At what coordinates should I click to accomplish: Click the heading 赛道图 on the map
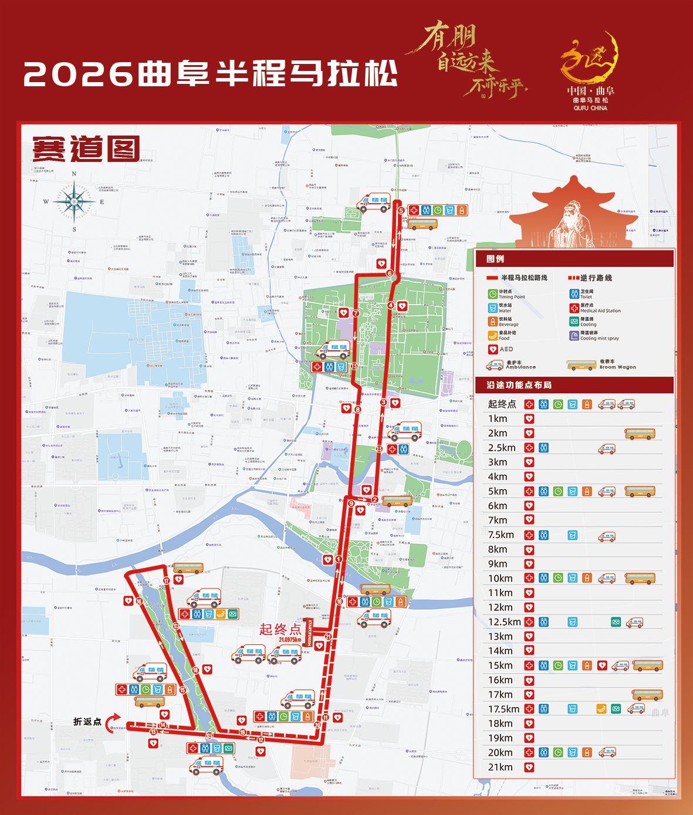coord(86,148)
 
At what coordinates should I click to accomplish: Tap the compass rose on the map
coord(74,202)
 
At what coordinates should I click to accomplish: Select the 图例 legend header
coord(495,259)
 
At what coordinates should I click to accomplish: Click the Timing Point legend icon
coord(492,293)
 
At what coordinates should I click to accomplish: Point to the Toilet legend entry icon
coord(574,293)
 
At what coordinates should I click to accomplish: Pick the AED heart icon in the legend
coord(493,349)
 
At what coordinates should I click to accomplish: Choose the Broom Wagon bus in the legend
coord(582,366)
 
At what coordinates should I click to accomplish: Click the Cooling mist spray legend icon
coord(574,336)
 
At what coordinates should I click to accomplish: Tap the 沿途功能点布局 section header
coord(519,385)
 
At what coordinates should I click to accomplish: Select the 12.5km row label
coord(504,622)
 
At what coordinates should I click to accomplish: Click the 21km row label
coord(500,767)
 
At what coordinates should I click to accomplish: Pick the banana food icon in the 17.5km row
coord(601,709)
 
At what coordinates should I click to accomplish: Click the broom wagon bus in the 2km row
coord(640,434)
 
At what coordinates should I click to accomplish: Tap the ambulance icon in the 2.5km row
coord(607,448)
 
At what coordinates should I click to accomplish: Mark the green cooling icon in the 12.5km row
coord(616,622)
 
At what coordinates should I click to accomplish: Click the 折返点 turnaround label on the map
coord(87,722)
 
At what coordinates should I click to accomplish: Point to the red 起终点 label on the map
coord(280,630)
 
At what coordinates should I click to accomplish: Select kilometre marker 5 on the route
coord(401,210)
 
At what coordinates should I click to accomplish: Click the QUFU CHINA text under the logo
coord(590,109)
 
